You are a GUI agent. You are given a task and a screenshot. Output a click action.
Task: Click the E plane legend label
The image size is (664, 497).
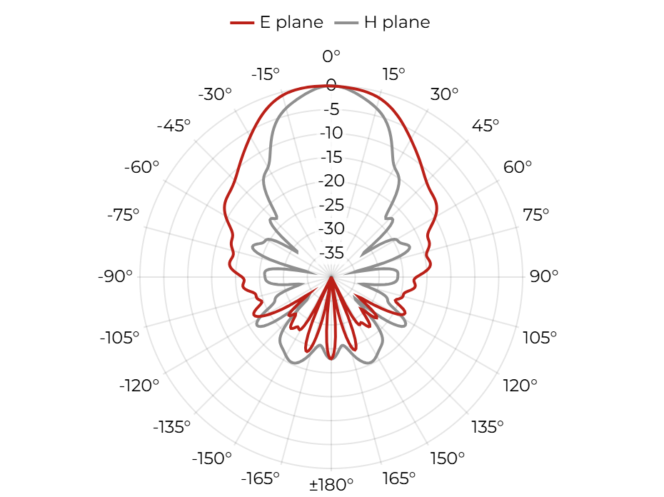tap(291, 22)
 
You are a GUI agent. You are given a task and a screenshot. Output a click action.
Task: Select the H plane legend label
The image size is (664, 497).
tap(397, 22)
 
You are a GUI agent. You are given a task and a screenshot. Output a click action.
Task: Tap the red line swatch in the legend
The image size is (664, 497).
tap(242, 23)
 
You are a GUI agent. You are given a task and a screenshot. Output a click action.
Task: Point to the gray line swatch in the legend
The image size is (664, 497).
tap(346, 23)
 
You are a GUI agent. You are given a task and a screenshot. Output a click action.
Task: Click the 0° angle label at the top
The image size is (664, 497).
tap(331, 56)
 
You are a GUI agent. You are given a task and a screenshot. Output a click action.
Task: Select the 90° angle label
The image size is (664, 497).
tap(544, 276)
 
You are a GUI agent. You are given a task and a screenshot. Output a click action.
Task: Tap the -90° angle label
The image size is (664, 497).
tap(115, 276)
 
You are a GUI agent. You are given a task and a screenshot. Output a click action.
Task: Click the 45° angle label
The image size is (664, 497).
tap(486, 126)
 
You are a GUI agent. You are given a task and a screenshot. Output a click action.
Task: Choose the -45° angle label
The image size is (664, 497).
tap(173, 126)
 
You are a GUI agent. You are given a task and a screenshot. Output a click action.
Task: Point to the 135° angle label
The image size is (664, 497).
tap(488, 427)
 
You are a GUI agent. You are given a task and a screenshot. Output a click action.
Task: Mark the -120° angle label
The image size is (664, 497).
tap(139, 386)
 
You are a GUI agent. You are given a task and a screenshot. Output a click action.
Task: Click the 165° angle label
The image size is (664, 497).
tap(398, 478)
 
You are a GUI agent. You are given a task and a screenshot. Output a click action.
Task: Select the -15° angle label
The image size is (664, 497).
tap(266, 74)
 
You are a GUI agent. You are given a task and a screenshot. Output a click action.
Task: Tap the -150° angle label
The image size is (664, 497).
tap(212, 458)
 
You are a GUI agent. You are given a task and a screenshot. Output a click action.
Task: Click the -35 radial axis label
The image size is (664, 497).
tap(331, 253)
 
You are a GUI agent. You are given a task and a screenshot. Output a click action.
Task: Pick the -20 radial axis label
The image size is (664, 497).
tap(331, 181)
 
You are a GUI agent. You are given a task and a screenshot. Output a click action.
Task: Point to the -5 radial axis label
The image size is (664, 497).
tap(331, 109)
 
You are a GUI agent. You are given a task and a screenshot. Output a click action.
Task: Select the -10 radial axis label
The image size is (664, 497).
tap(331, 133)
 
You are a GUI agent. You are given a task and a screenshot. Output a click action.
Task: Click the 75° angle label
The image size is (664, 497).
tap(535, 215)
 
